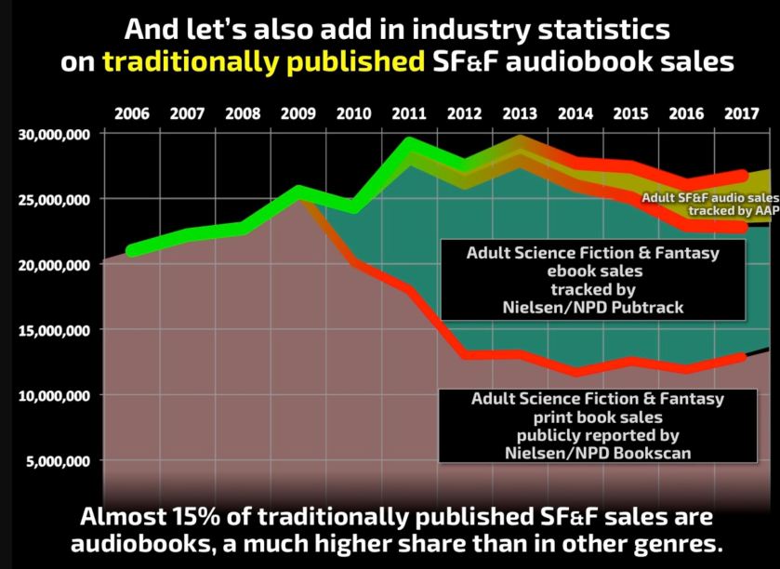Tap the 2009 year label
297,114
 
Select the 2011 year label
408,114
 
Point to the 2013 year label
519,114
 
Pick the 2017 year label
740,114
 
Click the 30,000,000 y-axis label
53,134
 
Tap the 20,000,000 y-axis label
53,265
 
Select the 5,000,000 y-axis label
57,461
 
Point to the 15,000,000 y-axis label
53,330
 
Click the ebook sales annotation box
580,280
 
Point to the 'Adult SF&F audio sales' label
709,197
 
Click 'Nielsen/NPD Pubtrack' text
580,308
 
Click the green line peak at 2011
409,144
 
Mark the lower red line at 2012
465,354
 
